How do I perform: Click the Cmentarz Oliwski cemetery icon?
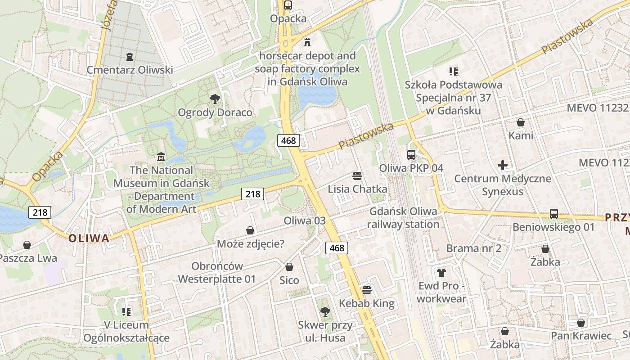(130, 57)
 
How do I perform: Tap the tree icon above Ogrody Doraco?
(215, 99)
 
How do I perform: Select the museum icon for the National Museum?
(161, 157)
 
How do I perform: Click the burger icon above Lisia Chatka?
(357, 175)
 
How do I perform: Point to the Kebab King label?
(366, 303)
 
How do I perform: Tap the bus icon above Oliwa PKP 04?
(411, 154)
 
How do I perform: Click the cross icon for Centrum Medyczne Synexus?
(503, 165)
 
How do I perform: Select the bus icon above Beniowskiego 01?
(553, 214)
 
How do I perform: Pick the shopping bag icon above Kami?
(521, 122)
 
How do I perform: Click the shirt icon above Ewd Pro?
(441, 272)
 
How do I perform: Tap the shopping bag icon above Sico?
(289, 267)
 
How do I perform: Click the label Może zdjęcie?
(251, 244)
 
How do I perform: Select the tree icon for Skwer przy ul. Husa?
(324, 311)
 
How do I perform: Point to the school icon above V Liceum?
(126, 311)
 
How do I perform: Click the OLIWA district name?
(89, 238)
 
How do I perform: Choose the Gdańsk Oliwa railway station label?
(403, 218)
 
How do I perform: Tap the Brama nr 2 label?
(473, 248)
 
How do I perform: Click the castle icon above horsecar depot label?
(307, 42)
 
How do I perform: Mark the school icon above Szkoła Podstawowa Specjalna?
(453, 71)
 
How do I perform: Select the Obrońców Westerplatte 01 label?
(217, 272)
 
